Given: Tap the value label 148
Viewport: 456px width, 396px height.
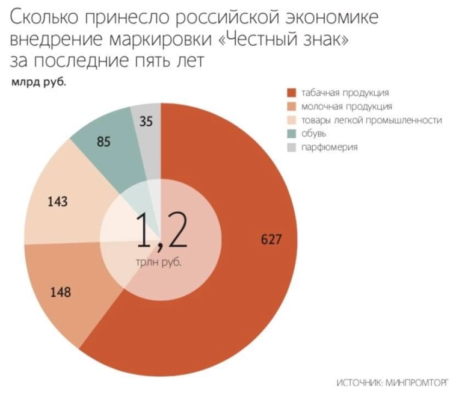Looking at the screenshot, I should tap(60, 293).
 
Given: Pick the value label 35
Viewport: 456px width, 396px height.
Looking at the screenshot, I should tap(146, 122).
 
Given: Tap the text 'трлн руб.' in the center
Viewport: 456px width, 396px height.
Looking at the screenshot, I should tap(159, 262).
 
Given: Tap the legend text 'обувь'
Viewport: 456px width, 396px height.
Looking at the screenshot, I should tap(313, 134).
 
